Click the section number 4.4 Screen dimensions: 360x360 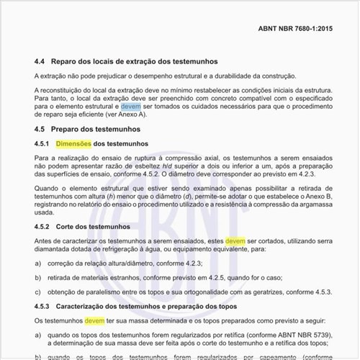coord(40,61)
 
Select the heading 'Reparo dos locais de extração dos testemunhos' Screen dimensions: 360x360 coord(135,61)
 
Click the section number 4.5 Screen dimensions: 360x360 coord(40,129)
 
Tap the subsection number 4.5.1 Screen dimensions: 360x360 coord(44,143)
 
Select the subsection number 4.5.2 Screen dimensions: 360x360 coord(44,226)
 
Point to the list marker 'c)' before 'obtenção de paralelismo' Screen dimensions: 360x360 coord(37,293)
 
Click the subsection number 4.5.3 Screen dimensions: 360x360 coord(44,307)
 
